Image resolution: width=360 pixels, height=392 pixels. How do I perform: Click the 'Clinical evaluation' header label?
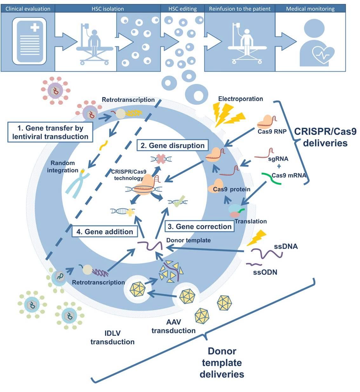(28, 9)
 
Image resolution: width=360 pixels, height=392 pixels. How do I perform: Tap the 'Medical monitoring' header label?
(310, 9)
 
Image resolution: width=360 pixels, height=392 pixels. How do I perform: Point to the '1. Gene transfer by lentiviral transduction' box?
(50, 132)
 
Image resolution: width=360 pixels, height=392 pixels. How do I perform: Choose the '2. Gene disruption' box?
(172, 145)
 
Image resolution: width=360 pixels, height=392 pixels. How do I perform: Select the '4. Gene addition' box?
(104, 232)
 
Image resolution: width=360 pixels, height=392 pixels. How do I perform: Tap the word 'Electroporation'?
(240, 99)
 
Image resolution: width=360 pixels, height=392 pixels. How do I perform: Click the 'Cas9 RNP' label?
(272, 131)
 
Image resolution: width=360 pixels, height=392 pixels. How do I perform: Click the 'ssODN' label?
(265, 272)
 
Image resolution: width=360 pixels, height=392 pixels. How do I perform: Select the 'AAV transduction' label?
(173, 326)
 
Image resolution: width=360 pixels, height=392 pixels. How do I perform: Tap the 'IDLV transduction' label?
(112, 337)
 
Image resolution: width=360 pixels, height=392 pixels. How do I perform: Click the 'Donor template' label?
(188, 240)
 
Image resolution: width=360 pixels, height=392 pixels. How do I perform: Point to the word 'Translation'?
(250, 221)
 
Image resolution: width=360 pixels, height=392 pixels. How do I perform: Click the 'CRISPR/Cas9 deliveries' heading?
(325, 137)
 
